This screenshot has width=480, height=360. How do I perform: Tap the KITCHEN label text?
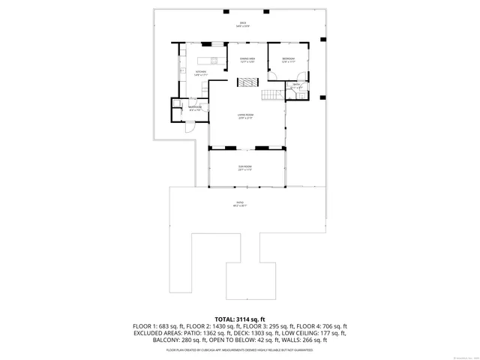[x=201, y=73]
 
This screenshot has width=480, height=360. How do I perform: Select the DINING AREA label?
[x=247, y=60]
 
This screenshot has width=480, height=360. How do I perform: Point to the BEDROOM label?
[x=289, y=60]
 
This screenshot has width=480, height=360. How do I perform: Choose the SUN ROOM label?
[x=245, y=168]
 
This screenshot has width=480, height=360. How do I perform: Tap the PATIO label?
[x=240, y=204]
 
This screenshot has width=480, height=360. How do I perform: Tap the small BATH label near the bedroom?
[x=297, y=85]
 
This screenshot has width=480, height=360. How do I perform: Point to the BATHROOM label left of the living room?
[x=195, y=108]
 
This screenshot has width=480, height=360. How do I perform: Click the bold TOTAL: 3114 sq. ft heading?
[x=240, y=319]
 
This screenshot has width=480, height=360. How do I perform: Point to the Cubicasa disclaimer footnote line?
[x=240, y=349]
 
